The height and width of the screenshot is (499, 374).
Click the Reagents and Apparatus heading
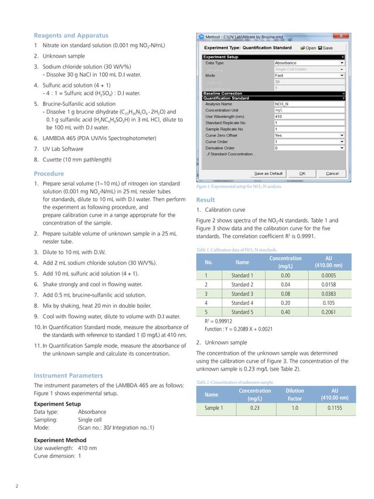pos(71,35)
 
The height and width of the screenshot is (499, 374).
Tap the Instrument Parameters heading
pos(68,375)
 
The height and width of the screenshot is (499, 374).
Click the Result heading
pos(206,200)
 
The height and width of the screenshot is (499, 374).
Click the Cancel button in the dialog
pos(332,174)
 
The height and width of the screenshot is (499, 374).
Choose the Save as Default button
pos(268,174)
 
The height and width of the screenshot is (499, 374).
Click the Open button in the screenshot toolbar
pos(308,48)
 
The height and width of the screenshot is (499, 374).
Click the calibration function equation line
pos(237,330)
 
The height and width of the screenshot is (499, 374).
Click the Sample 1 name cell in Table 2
pos(213,407)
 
